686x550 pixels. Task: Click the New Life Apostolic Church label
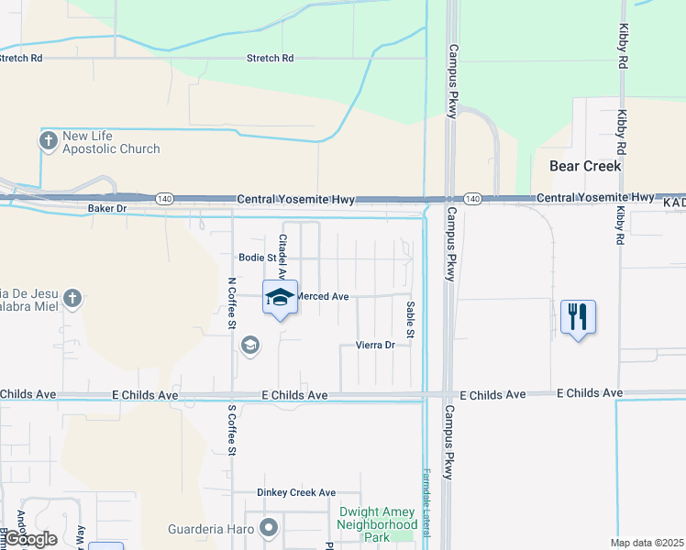[111, 143]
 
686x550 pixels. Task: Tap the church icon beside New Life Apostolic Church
[49, 141]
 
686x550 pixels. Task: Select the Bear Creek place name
[585, 166]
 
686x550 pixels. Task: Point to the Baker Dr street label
[105, 209]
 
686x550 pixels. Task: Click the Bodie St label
[257, 258]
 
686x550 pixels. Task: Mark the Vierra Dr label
[375, 346]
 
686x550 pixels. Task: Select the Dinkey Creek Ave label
[296, 492]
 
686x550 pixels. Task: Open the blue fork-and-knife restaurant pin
[578, 317]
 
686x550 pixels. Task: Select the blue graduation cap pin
[280, 297]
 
